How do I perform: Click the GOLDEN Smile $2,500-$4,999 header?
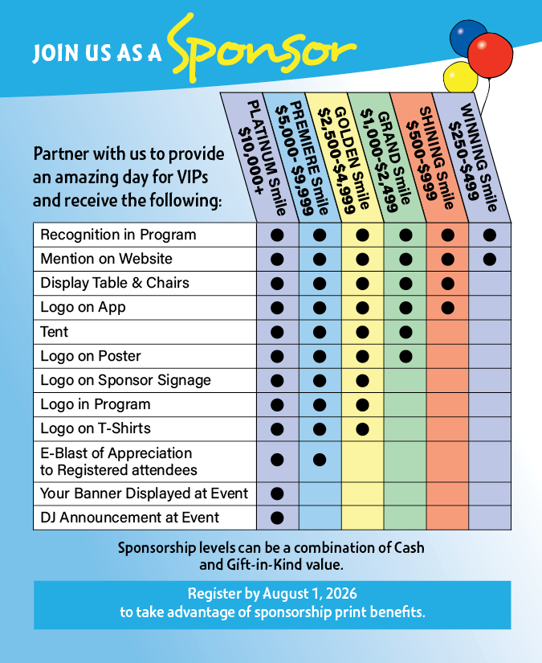(346, 157)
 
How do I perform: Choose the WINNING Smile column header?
(474, 157)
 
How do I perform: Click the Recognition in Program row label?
(118, 235)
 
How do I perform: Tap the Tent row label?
(55, 331)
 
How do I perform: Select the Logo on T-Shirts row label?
(96, 428)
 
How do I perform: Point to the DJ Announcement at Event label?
(130, 518)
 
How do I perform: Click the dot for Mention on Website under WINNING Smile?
(491, 259)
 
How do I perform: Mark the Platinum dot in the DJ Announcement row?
(277, 518)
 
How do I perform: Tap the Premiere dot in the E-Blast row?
(320, 460)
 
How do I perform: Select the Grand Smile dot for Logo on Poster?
(405, 356)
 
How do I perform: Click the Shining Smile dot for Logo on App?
(448, 307)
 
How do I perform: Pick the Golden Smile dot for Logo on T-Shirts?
(362, 428)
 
